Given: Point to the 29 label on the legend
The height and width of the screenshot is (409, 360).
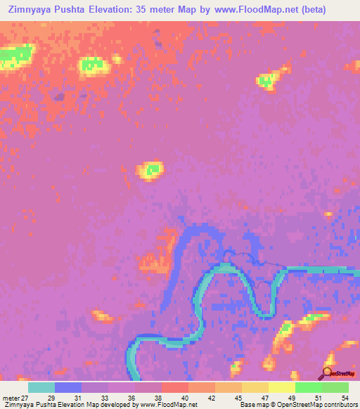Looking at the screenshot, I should [x=51, y=397].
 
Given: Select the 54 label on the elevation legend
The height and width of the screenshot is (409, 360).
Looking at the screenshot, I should [x=344, y=397].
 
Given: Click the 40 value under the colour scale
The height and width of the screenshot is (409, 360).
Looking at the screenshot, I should [x=184, y=397].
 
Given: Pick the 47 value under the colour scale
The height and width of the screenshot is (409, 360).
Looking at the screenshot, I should [x=264, y=397].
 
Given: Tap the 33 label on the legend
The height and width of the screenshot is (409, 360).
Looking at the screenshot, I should [x=104, y=397].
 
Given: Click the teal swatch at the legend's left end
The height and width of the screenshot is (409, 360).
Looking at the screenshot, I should [x=41, y=387].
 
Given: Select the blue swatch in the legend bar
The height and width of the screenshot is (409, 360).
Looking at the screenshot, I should [x=68, y=387].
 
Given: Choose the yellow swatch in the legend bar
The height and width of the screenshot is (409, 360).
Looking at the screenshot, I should [x=282, y=387].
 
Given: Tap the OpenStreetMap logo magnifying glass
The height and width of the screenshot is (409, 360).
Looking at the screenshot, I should [x=326, y=374].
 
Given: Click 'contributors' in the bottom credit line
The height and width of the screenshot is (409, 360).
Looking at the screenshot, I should [x=340, y=405].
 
